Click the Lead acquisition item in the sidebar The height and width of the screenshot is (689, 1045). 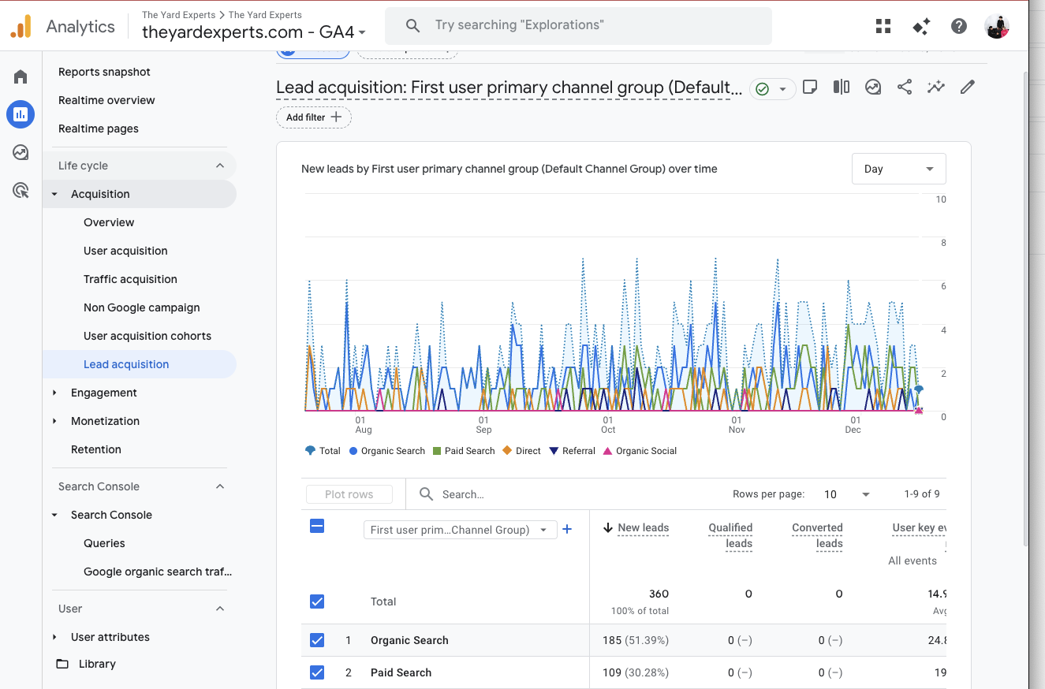pos(126,364)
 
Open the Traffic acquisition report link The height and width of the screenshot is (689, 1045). pos(130,279)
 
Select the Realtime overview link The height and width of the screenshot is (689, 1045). pos(106,100)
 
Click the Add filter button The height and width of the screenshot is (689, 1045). pos(313,117)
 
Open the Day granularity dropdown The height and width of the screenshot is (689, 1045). pos(898,169)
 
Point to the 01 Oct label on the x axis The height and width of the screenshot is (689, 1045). pos(608,425)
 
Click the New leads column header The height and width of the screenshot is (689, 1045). pos(643,528)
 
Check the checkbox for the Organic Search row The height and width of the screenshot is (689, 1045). pos(317,640)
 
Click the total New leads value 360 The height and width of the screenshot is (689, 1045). pos(659,594)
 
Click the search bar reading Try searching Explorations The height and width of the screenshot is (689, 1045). pos(578,26)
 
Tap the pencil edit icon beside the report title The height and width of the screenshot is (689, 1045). pos(968,88)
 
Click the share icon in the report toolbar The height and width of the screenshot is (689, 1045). pos(905,88)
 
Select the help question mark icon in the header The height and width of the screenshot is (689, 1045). pos(959,26)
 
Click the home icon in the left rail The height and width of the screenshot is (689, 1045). pos(21,76)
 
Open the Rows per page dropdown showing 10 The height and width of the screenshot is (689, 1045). pos(846,494)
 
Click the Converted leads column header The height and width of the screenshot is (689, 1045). pos(817,535)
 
